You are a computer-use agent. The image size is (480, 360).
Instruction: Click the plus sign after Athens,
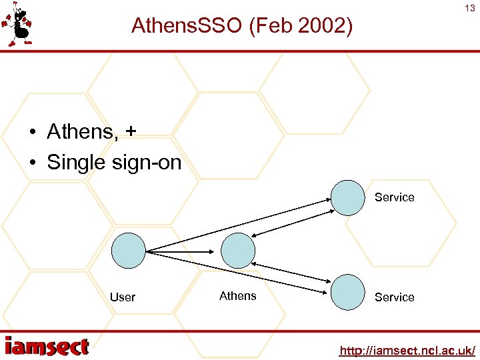[x=129, y=131]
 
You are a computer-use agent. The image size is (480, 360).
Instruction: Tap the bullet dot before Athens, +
[x=32, y=132]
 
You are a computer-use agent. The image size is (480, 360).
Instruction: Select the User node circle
[x=128, y=251]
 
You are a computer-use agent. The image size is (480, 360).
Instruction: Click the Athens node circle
[x=238, y=251]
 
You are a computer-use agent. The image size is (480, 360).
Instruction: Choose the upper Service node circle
[x=348, y=198]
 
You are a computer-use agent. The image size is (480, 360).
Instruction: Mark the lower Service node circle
[x=348, y=293]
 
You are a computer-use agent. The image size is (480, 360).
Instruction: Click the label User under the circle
[x=123, y=297]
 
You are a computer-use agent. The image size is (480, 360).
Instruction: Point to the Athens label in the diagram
[x=237, y=296]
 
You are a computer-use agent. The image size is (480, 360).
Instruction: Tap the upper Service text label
[x=394, y=197]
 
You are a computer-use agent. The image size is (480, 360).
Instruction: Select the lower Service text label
[x=394, y=297]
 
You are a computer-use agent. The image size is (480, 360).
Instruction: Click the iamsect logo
[x=47, y=347]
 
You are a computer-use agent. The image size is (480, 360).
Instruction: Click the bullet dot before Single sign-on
[x=32, y=163]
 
